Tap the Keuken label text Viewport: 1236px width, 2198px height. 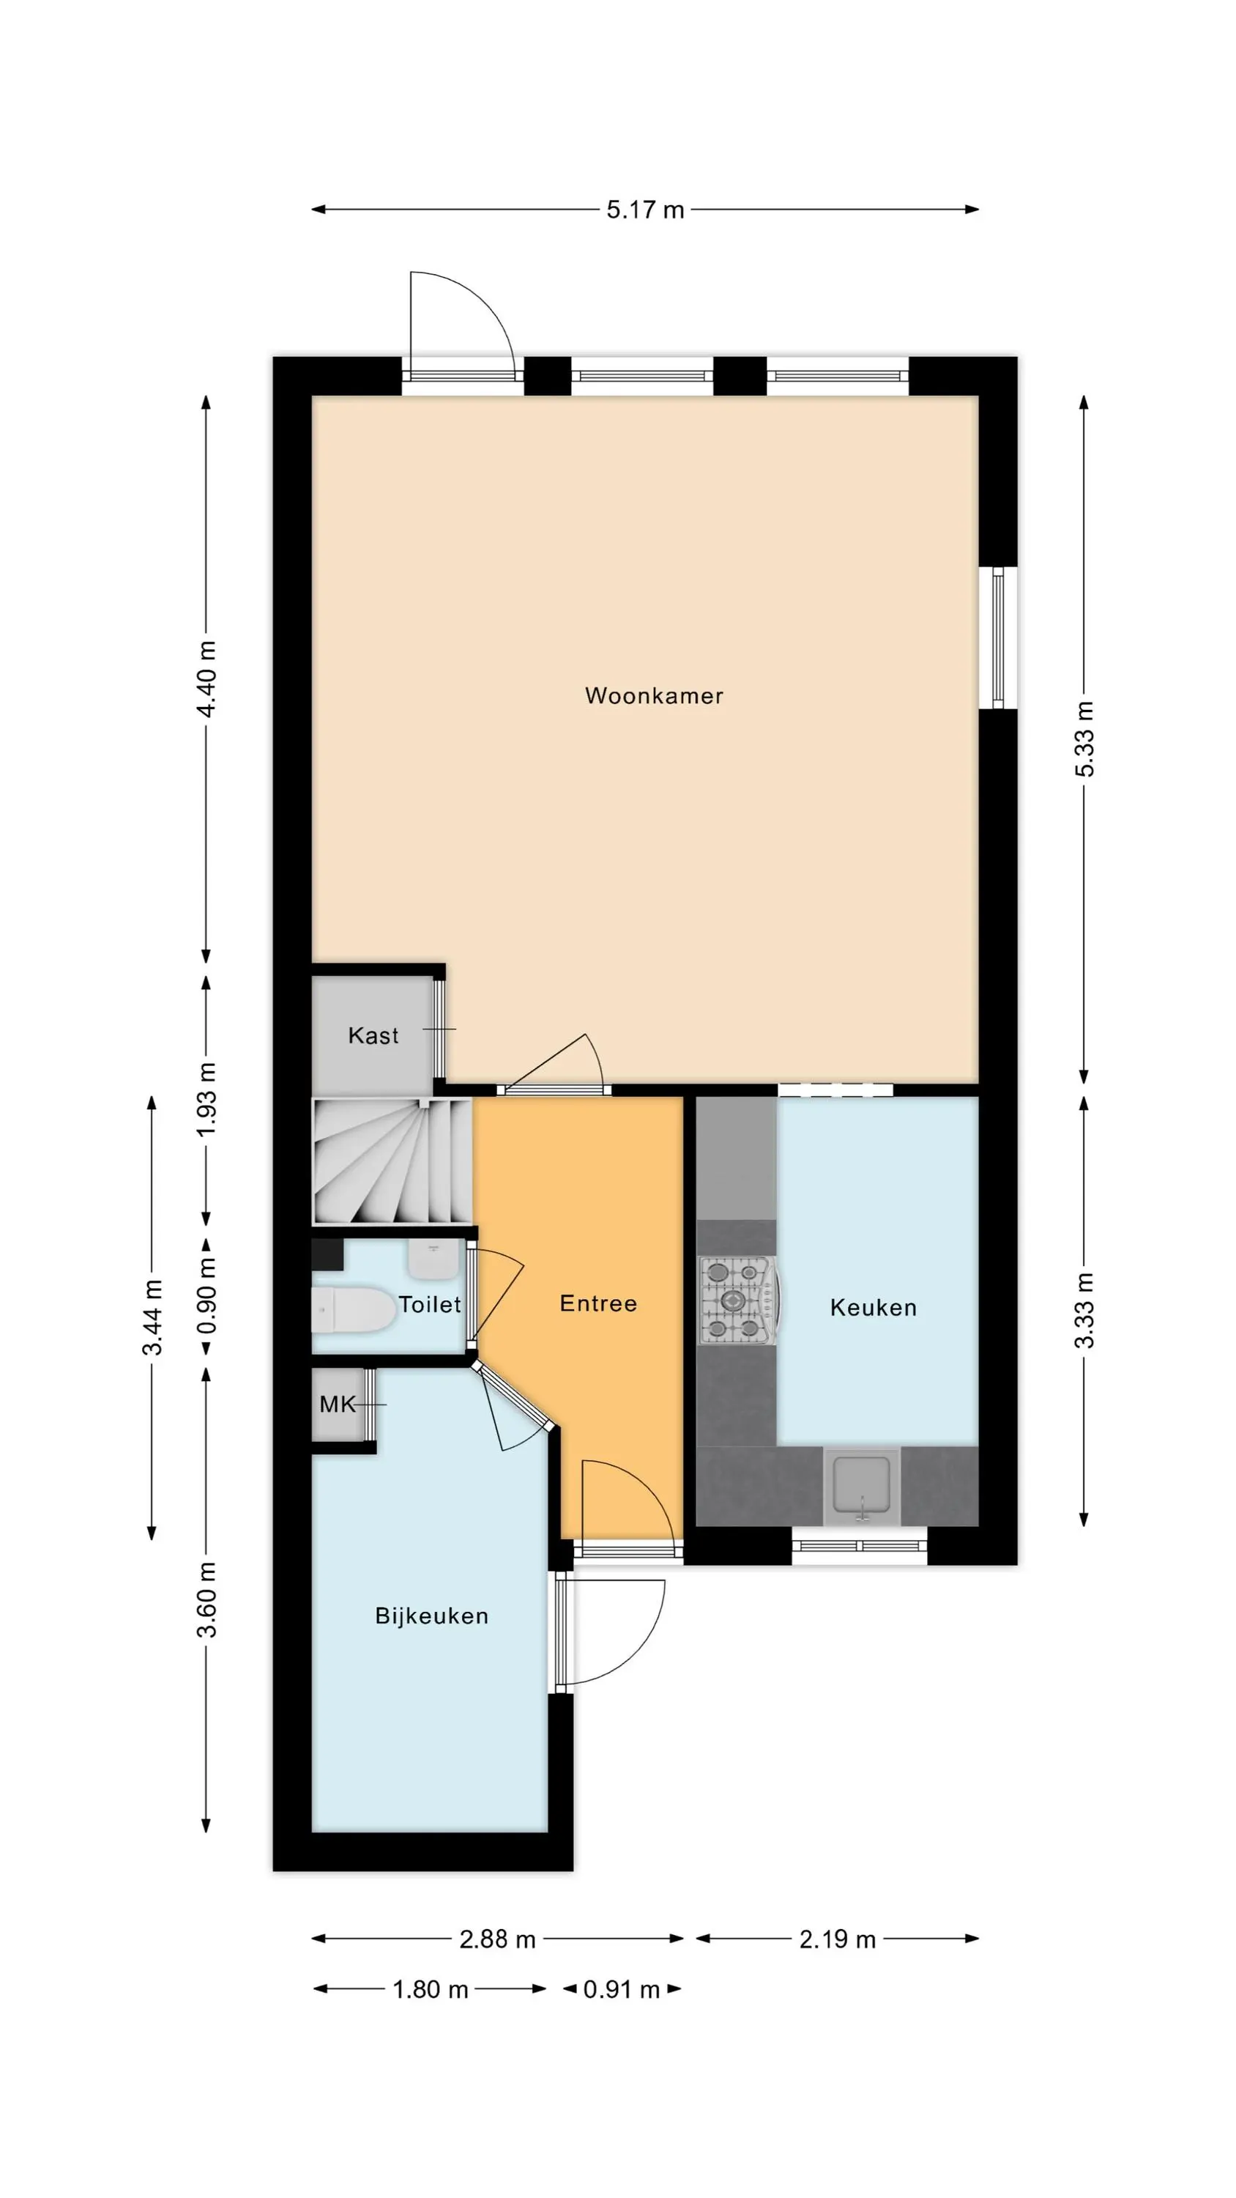coord(873,1307)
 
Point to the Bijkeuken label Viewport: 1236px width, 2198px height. coord(431,1616)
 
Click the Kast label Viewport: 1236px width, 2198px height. coord(373,1035)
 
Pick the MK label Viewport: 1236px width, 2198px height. coord(337,1404)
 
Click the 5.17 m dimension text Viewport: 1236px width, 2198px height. coord(645,210)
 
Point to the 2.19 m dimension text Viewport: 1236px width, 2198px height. coord(837,1939)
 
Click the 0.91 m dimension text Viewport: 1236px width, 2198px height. coord(621,1990)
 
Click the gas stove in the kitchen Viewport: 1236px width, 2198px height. coord(738,1300)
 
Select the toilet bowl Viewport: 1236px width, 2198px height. coord(353,1310)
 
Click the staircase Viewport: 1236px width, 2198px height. coord(392,1161)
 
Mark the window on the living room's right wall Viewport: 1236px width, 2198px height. coord(998,637)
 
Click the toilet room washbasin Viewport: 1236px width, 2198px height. coord(434,1259)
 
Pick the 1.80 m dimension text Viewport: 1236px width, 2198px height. coord(430,1990)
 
